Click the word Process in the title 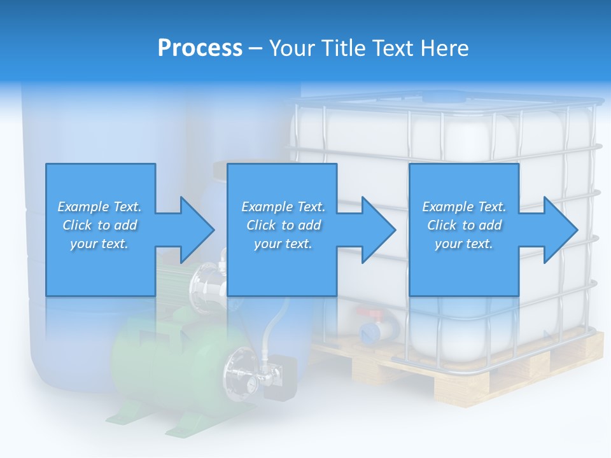click(x=200, y=48)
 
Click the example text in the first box click(x=99, y=225)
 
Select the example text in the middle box click(x=283, y=225)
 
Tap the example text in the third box click(x=464, y=225)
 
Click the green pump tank click(x=165, y=363)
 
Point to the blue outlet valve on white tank click(x=369, y=331)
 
